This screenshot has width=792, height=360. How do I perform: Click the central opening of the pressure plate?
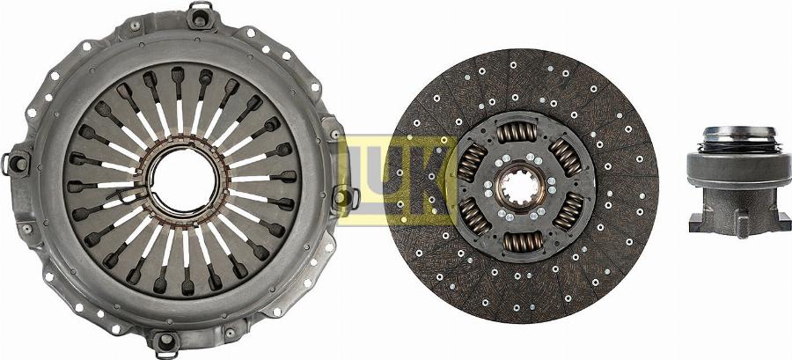pyautogui.click(x=182, y=180)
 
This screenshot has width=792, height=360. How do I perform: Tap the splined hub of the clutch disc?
pyautogui.click(x=520, y=187)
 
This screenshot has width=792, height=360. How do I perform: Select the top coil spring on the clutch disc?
pyautogui.click(x=517, y=132)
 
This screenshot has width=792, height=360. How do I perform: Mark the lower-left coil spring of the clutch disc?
pyautogui.click(x=473, y=216)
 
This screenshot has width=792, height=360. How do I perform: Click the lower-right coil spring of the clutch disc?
pyautogui.click(x=568, y=210)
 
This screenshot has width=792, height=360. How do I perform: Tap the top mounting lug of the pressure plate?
pyautogui.click(x=200, y=17)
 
